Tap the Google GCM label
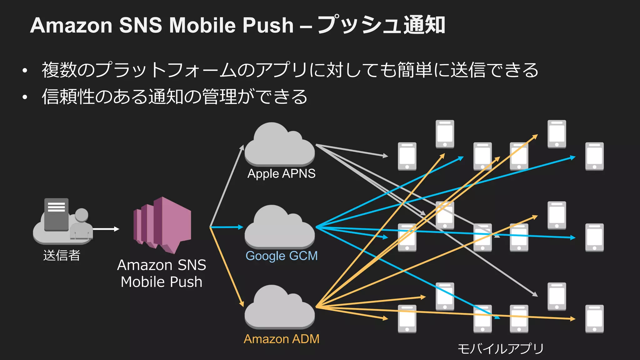coord(281,256)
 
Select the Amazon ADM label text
coord(281,339)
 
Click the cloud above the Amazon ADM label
coord(279,309)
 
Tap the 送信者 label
coord(62,255)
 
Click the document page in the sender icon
coord(57,214)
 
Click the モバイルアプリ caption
coord(500,349)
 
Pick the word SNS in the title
coord(140,25)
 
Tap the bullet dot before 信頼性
coord(25,97)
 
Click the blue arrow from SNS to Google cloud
coord(227,227)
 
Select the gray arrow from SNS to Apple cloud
coord(227,186)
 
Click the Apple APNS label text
coord(281,174)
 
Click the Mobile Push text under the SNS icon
coord(162,282)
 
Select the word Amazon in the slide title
coord(71,25)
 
